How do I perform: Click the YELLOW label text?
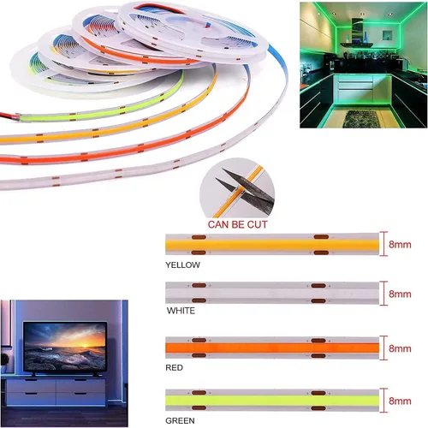point(182,265)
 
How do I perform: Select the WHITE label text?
point(181,311)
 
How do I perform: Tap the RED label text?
point(174,367)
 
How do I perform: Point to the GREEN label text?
point(180,420)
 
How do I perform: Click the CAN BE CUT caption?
point(237,224)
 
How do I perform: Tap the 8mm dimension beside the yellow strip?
point(400,245)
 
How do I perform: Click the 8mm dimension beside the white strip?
point(400,294)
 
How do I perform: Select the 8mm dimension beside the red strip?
point(400,348)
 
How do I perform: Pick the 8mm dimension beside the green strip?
point(400,401)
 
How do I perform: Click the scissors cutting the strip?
point(246,188)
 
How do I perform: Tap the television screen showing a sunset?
point(65,348)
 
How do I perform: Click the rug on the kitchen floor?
point(362,118)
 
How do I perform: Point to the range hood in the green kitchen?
point(357,34)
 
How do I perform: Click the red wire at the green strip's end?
point(9,116)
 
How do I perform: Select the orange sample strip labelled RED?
point(272,348)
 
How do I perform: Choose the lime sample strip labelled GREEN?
point(272,401)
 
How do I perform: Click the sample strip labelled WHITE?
point(272,293)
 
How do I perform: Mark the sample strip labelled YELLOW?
point(272,245)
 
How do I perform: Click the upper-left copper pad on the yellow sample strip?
point(199,237)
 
